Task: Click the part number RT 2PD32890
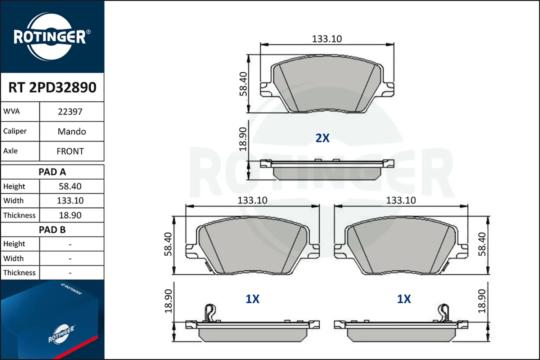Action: point(52,87)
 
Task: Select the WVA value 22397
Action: point(70,112)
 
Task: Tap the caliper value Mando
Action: point(72,131)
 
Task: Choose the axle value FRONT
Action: point(70,151)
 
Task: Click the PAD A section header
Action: point(52,172)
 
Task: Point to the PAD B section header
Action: point(52,230)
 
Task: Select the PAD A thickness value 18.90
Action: point(70,215)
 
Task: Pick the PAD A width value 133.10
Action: point(70,201)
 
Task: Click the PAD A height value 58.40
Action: point(70,186)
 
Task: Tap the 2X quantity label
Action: point(322,138)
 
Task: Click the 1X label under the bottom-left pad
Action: point(252,299)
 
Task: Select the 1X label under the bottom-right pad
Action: point(404,299)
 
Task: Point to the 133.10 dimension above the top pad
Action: point(327,39)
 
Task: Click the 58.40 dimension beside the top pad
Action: point(244,84)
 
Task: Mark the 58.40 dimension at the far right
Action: point(482,244)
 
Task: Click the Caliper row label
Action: point(15,131)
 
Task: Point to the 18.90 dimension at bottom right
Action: point(482,301)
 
